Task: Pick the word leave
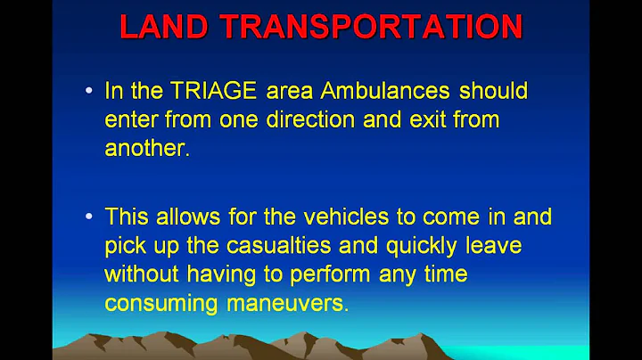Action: pyautogui.click(x=521, y=246)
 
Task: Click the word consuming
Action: pyautogui.click(x=160, y=303)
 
